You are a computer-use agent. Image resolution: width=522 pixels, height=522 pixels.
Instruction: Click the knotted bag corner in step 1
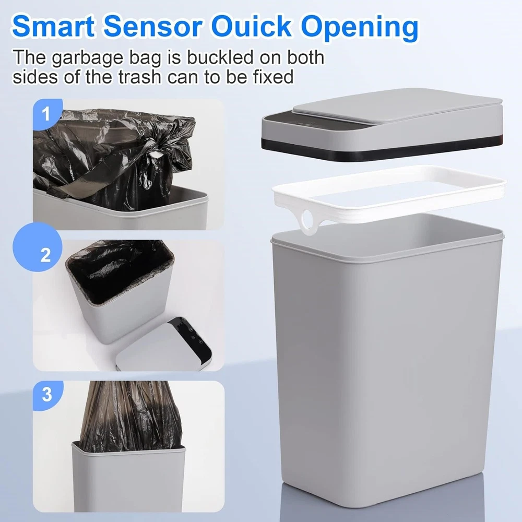coord(153,157)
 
